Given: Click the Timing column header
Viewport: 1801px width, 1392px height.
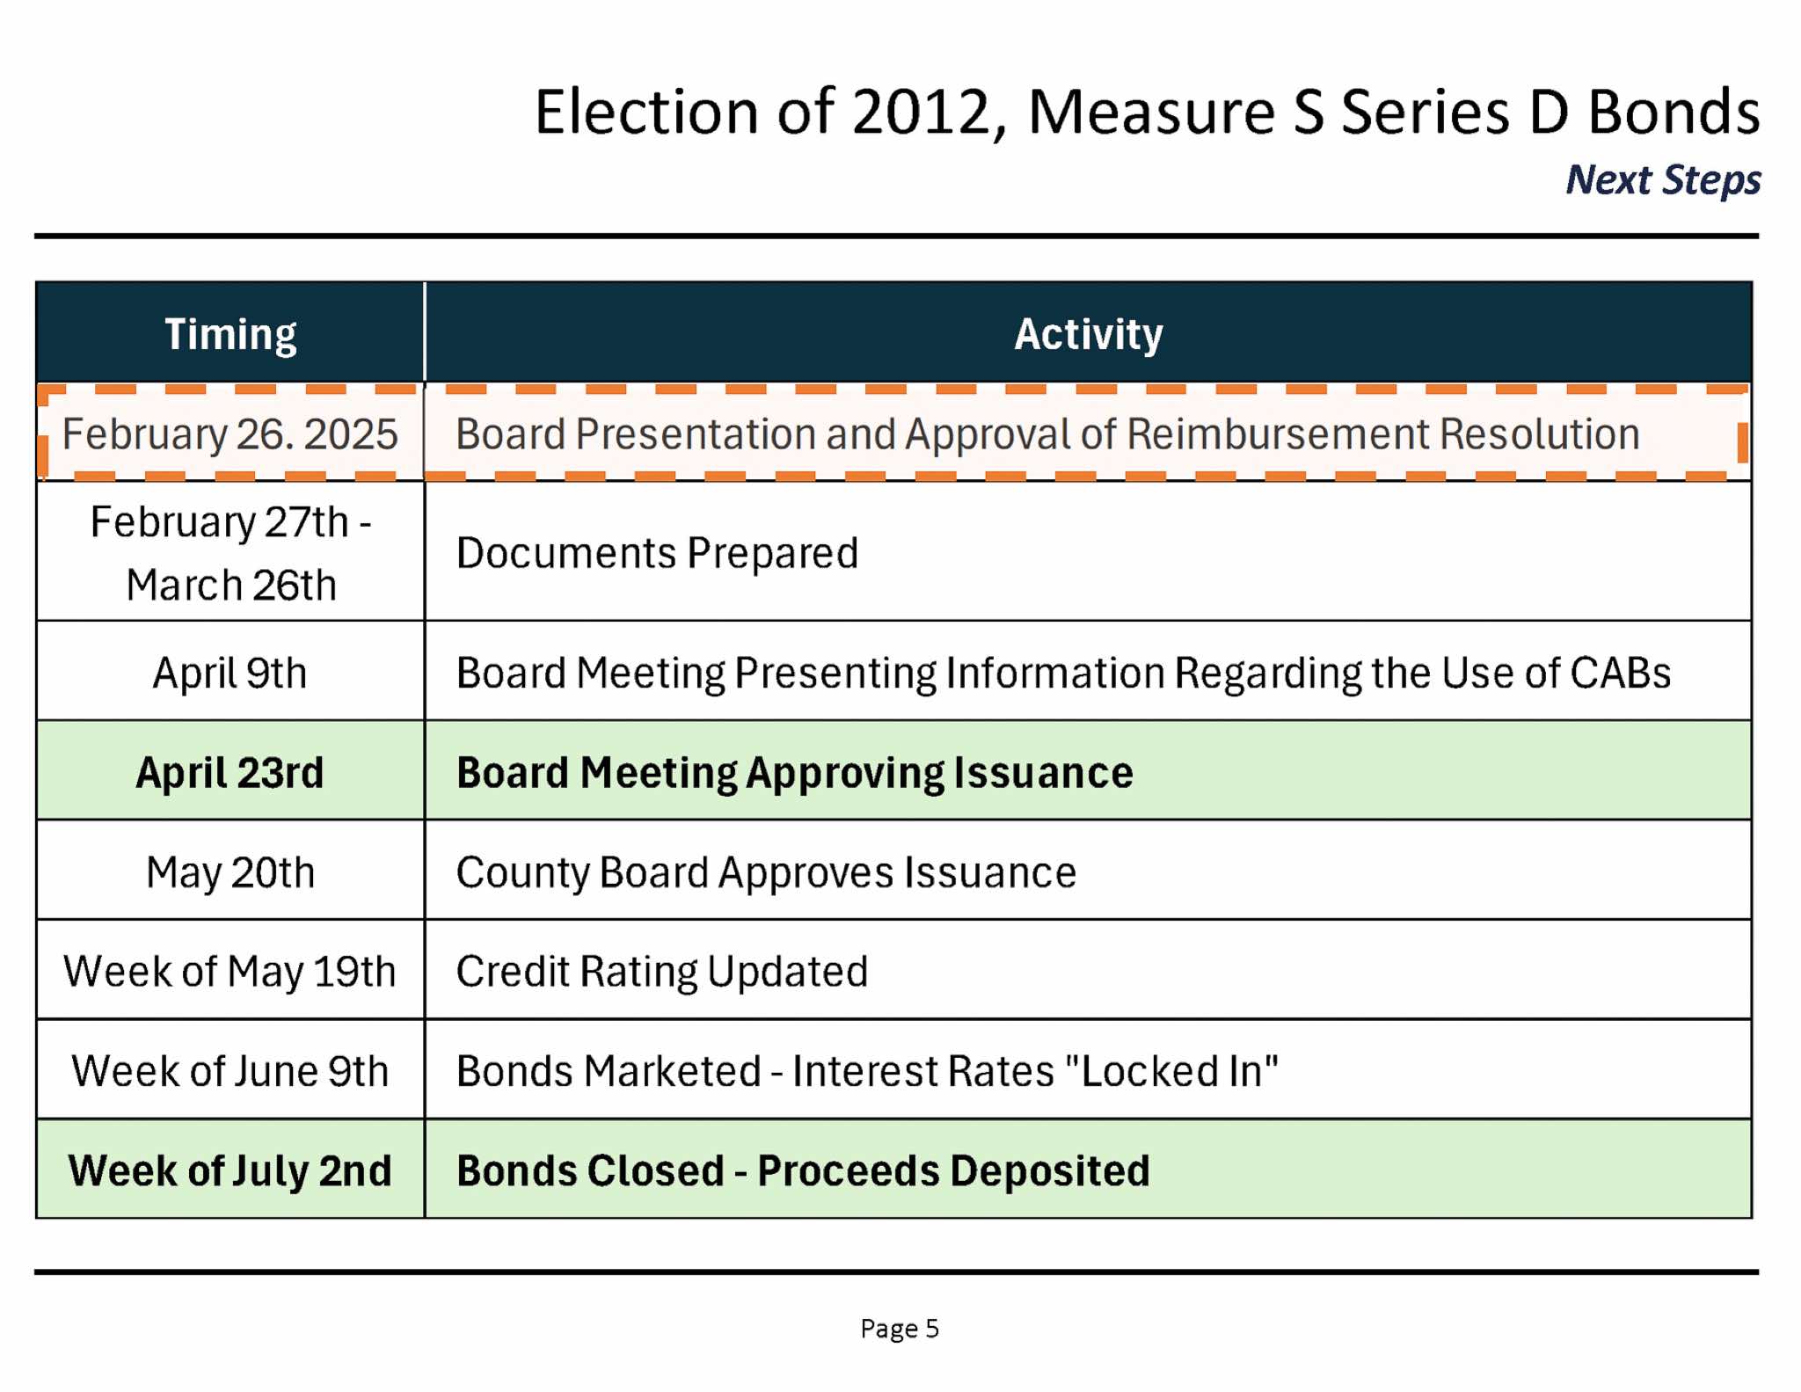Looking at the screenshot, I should [230, 334].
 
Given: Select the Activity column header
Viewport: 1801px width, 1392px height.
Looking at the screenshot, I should [1088, 334].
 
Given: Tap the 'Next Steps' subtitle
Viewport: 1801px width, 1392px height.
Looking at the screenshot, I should [1663, 179].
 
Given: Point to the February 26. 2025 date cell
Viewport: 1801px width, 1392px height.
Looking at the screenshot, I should [230, 434].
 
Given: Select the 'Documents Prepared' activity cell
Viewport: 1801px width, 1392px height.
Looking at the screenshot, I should [657, 553].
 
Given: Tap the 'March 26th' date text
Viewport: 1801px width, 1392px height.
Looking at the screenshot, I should [231, 585].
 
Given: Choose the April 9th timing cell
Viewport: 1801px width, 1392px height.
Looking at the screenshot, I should [230, 673].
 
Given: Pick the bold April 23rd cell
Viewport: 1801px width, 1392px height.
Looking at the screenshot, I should [230, 773].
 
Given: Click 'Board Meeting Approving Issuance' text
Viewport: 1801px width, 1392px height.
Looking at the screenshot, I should [795, 773].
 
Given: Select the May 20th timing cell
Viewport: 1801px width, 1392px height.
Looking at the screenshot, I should [230, 872].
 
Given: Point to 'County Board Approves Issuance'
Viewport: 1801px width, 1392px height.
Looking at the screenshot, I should [766, 872].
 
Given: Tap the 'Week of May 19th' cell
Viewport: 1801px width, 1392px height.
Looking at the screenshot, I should [230, 972].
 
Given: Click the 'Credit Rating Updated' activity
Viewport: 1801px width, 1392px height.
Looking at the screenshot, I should [662, 972].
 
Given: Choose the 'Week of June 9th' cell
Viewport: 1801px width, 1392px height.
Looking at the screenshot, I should [230, 1071].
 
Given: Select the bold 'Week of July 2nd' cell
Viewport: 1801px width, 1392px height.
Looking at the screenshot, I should [230, 1170].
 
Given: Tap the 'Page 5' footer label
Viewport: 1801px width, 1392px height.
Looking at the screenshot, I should [900, 1328].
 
